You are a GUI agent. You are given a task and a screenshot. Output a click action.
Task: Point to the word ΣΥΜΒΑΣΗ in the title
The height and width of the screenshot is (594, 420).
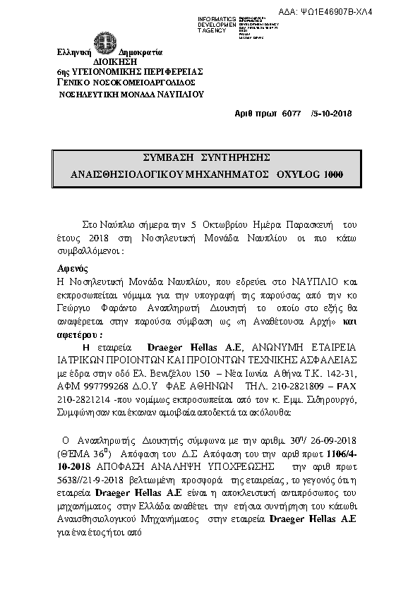pyautogui.click(x=166, y=157)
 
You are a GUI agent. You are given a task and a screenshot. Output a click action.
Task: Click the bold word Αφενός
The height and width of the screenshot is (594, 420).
pyautogui.click(x=71, y=269)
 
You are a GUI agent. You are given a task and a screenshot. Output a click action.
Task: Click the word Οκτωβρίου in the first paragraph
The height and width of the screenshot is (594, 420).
pyautogui.click(x=227, y=224)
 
